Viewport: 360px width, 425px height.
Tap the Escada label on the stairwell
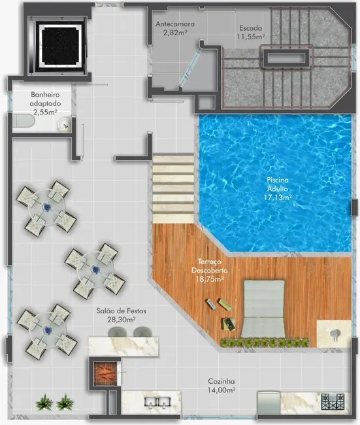(250, 28)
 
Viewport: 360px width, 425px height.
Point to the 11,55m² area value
(252, 37)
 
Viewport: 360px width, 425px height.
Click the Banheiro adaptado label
(44, 103)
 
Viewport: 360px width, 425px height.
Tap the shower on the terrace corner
(333, 333)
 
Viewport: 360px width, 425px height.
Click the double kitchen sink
(156, 403)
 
